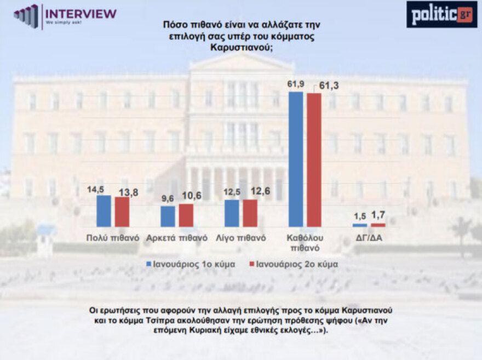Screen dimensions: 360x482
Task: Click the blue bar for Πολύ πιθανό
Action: pyautogui.click(x=104, y=211)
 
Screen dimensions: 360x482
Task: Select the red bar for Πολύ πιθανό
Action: pyautogui.click(x=122, y=212)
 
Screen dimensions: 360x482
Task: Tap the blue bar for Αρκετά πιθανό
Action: pyautogui.click(x=168, y=216)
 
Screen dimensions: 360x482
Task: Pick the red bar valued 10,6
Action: pyautogui.click(x=186, y=215)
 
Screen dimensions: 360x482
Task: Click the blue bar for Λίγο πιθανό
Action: pyautogui.click(x=232, y=213)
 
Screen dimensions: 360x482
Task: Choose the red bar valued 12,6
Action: pyautogui.click(x=250, y=213)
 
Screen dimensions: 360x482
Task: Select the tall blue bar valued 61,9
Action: pyautogui.click(x=296, y=159)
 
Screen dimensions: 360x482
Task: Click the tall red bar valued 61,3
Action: pyautogui.click(x=314, y=160)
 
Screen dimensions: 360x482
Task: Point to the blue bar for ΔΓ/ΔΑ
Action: pyautogui.click(x=359, y=225)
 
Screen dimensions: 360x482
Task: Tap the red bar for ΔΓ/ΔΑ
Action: pyautogui.click(x=378, y=225)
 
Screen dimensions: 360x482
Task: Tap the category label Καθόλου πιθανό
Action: pyautogui.click(x=305, y=242)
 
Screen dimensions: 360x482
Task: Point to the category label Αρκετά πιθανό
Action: pyautogui.click(x=177, y=238)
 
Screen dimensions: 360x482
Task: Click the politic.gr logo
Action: pyautogui.click(x=441, y=14)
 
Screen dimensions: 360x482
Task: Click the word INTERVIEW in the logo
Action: pyautogui.click(x=81, y=13)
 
